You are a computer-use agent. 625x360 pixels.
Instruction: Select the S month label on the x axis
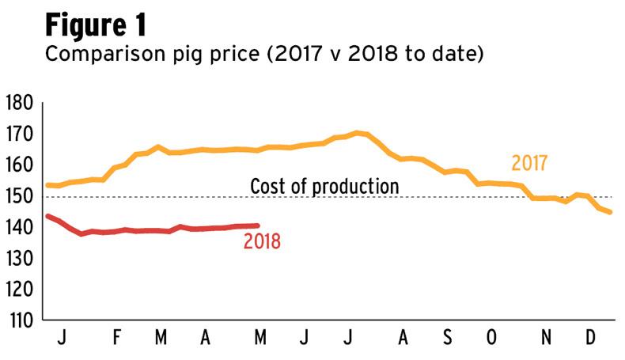pos(447,339)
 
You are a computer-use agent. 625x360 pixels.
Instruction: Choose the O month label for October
pos(492,339)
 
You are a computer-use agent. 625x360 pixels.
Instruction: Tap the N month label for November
pos(546,339)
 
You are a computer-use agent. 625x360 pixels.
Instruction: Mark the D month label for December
pos(590,339)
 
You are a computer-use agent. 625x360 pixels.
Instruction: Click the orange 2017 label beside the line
pos(530,164)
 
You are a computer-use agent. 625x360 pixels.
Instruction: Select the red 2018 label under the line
pos(262,241)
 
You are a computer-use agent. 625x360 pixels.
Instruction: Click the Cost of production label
pos(324,187)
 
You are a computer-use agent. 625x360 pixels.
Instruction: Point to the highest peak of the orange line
pos(358,132)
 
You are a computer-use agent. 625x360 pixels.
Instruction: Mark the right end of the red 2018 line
pos(257,225)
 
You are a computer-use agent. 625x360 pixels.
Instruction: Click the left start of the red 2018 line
pos(48,216)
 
